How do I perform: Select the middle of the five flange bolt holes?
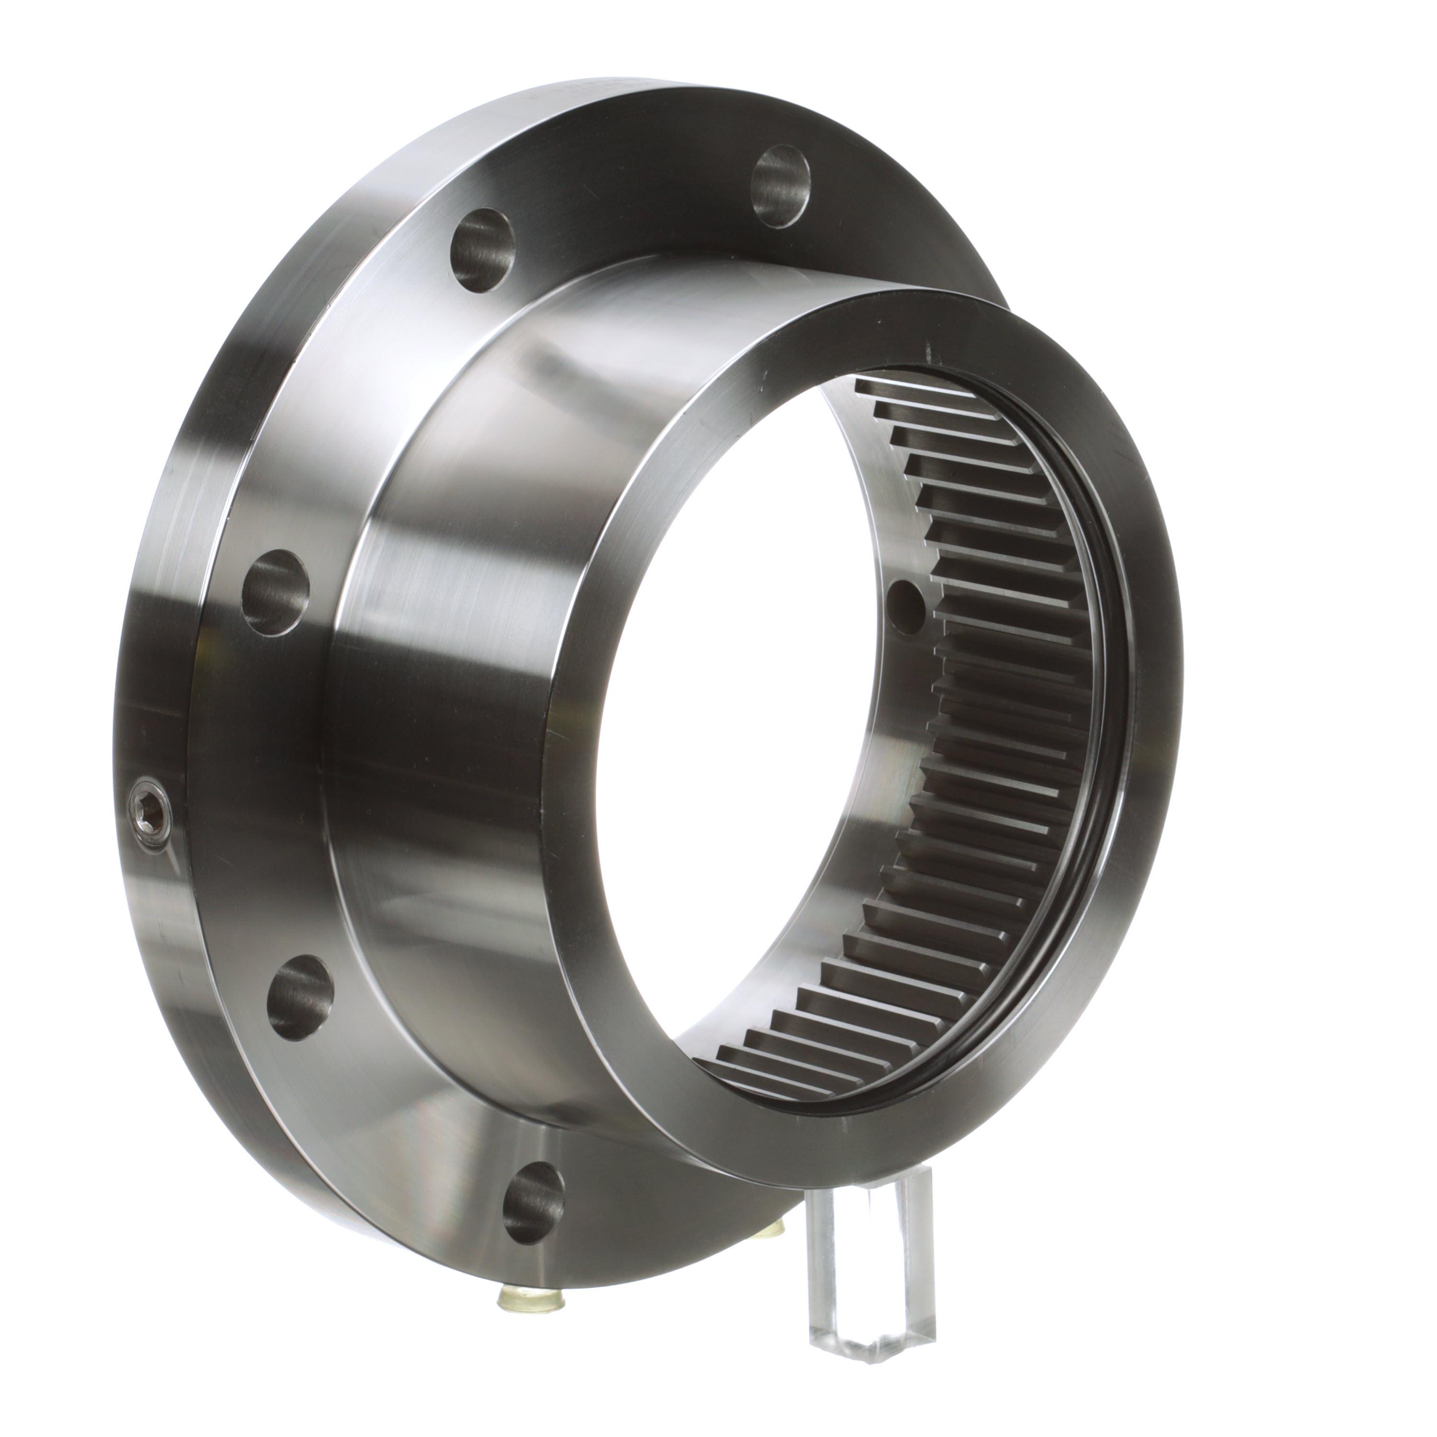coord(276,592)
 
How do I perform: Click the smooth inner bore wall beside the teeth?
coord(870,744)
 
